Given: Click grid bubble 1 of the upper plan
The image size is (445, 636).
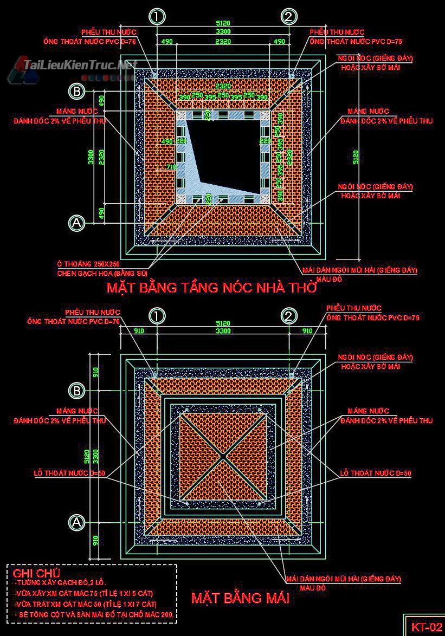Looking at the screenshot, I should (157, 17).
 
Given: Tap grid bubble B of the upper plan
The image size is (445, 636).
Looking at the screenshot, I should (78, 91).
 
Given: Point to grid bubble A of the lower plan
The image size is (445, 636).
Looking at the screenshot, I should (78, 522).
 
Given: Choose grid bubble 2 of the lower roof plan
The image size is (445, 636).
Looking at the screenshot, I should (290, 316).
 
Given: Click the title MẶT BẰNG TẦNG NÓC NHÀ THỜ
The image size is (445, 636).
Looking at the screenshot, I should (211, 287).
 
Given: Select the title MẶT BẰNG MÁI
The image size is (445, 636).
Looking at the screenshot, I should (240, 598).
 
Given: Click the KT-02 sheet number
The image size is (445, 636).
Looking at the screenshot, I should (427, 627).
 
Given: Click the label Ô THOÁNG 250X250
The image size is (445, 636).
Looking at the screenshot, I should (89, 264).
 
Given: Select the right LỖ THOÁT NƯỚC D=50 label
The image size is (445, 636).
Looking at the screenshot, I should (376, 473).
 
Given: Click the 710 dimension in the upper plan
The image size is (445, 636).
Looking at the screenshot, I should (171, 167).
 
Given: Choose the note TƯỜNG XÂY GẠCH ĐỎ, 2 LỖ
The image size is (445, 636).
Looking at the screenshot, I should (61, 583).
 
